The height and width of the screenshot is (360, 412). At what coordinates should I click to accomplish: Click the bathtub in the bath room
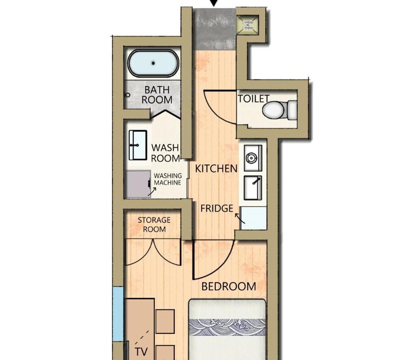pos(153,63)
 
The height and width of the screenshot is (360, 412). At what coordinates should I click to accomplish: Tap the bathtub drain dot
pos(153,63)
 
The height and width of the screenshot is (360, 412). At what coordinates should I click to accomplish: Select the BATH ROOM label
pos(157,94)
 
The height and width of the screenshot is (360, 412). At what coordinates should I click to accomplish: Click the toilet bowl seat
pos(274,110)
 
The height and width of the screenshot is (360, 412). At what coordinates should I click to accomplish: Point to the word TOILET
pos(254,98)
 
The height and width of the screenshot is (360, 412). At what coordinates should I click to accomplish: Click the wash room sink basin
pos(138,145)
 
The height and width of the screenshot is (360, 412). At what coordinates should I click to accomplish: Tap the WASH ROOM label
pos(165,153)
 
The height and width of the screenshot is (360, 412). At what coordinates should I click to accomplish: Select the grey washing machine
pos(138,184)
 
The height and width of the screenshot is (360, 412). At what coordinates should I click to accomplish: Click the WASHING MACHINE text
pos(168,179)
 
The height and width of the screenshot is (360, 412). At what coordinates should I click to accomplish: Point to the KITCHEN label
pos(216,168)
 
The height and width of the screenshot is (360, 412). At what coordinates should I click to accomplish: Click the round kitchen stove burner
pos(252,158)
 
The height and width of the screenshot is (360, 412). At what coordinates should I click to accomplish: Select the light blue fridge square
pos(254,218)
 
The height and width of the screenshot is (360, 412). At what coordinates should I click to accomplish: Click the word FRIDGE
pos(217,208)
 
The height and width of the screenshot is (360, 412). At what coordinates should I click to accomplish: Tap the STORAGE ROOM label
pos(154,224)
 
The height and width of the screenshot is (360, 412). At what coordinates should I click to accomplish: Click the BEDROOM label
pos(229,286)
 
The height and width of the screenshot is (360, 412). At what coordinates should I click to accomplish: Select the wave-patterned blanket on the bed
pos(228,327)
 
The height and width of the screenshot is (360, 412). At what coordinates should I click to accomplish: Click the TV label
pos(141,351)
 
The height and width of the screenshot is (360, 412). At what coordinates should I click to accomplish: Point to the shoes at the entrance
pos(248,24)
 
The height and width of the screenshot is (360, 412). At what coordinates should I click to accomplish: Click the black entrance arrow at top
pos(214,3)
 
